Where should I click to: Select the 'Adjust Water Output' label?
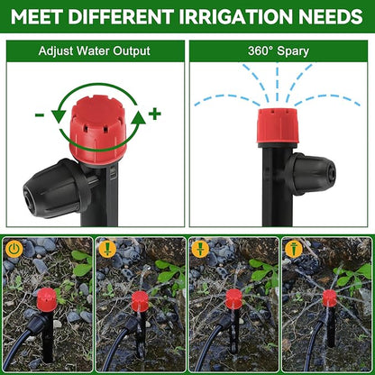point(94,51)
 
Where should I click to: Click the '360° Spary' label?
point(279,51)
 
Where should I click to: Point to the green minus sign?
point(39,114)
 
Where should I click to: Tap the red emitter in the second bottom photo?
point(139,300)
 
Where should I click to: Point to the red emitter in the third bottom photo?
point(233,298)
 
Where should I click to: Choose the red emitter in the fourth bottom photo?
point(329,297)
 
